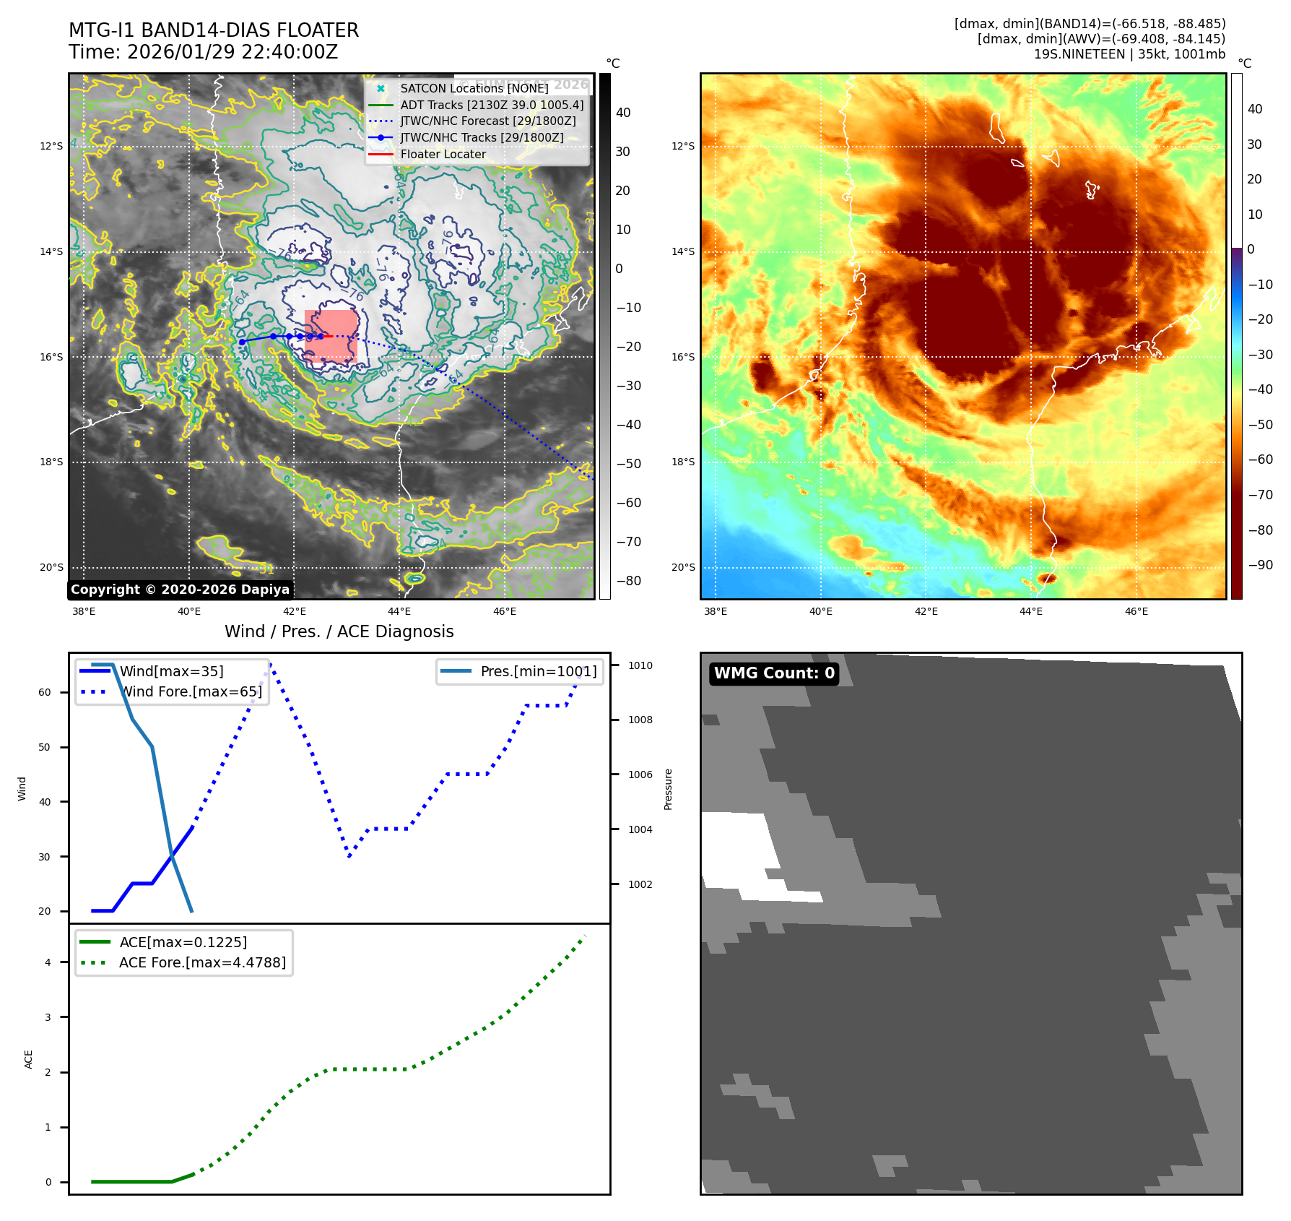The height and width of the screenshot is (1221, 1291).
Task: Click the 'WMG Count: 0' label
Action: [x=774, y=673]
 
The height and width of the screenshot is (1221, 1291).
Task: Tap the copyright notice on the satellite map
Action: [x=180, y=590]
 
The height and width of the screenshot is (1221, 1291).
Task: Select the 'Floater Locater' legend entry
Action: [x=443, y=155]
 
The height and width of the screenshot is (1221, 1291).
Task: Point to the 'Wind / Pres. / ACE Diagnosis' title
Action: [x=339, y=631]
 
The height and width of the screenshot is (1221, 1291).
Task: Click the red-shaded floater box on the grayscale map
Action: [x=331, y=336]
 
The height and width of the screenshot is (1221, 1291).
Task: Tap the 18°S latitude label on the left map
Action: [x=51, y=462]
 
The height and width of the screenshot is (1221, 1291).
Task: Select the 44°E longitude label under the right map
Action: [x=1031, y=611]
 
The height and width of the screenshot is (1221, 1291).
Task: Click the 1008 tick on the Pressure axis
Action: [x=640, y=720]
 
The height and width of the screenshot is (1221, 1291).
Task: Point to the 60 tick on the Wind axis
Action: [x=45, y=692]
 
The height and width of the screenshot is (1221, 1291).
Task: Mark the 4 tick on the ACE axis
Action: [x=48, y=962]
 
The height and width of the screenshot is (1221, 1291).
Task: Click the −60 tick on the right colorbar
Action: [x=1261, y=460]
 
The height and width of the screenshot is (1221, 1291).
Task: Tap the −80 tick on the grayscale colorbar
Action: [x=628, y=581]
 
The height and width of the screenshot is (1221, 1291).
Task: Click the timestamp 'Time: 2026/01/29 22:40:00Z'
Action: [x=203, y=52]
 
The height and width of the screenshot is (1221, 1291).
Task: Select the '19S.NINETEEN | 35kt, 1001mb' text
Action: [x=1129, y=54]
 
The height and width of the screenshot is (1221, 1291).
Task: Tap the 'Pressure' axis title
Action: [x=668, y=789]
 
